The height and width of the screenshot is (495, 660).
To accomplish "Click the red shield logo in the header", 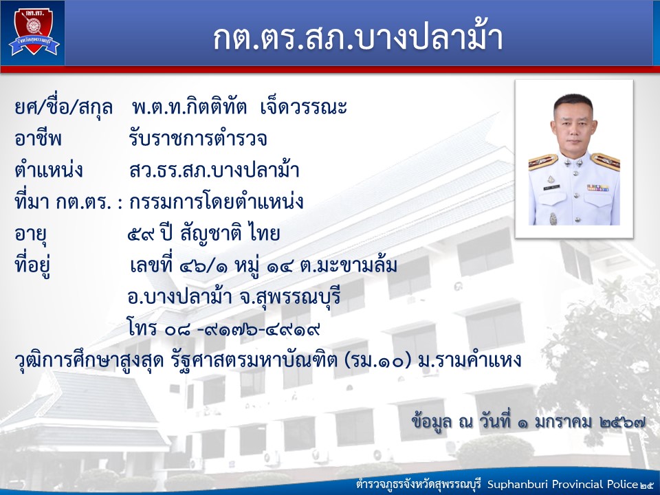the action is point(34,31).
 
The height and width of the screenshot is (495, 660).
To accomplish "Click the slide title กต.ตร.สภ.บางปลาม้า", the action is point(357,37).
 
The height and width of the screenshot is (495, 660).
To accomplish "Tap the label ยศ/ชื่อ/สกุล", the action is point(63,108).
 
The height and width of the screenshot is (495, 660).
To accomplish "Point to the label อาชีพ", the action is point(38,138).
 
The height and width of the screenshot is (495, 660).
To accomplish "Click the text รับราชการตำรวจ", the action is point(198,138).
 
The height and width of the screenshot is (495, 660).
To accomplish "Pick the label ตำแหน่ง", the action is point(48,170).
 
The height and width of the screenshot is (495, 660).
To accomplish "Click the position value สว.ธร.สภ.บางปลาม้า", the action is point(214,170).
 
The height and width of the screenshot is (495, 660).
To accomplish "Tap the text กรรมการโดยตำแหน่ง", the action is point(217,201).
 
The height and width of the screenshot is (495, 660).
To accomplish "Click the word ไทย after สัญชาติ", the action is point(264,233).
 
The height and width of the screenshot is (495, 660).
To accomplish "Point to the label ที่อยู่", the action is point(32,266).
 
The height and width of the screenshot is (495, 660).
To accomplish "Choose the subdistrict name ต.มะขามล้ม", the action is point(349,265).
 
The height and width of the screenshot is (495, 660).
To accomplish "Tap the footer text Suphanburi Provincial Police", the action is point(562,484).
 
